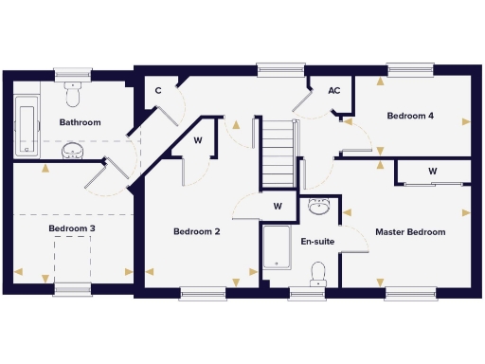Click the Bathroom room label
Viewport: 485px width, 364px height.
[x=80, y=122]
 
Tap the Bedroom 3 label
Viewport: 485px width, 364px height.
[x=71, y=228]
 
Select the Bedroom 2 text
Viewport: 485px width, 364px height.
[x=197, y=231]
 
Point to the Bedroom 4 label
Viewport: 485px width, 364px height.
[x=410, y=116]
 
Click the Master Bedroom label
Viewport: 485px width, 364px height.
[x=410, y=231]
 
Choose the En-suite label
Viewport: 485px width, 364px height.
[x=317, y=242]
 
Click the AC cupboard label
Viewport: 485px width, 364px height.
[x=333, y=91]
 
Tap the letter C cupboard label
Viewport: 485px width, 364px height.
[x=158, y=91]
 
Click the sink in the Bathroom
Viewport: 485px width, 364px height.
[x=72, y=151]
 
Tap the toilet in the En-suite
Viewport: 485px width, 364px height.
[x=317, y=272]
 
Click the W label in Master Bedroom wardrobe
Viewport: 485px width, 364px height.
[x=432, y=171]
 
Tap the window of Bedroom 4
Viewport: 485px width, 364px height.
[x=409, y=69]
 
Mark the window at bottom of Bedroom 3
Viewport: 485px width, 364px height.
[x=72, y=288]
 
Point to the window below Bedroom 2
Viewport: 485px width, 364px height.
[x=203, y=294]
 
